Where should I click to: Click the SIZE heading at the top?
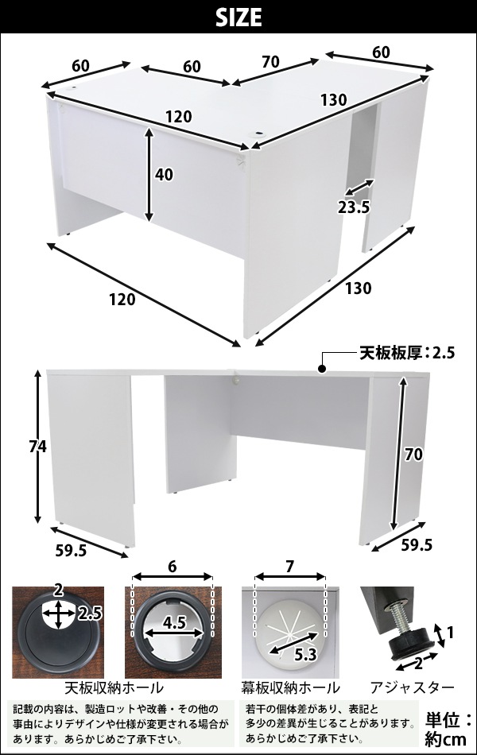coord(238,17)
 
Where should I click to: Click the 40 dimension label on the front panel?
coord(164,174)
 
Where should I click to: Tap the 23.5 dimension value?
coord(354,207)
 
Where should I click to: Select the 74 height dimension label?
coord(37,447)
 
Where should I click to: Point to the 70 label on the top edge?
coord(270,62)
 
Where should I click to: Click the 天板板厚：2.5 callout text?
coord(407,354)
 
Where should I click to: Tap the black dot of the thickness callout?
coord(321,370)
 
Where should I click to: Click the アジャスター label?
coord(413,687)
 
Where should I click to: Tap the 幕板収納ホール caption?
coord(290,687)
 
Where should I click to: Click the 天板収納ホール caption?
coord(114,687)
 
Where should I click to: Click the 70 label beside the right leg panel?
coord(413,454)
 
